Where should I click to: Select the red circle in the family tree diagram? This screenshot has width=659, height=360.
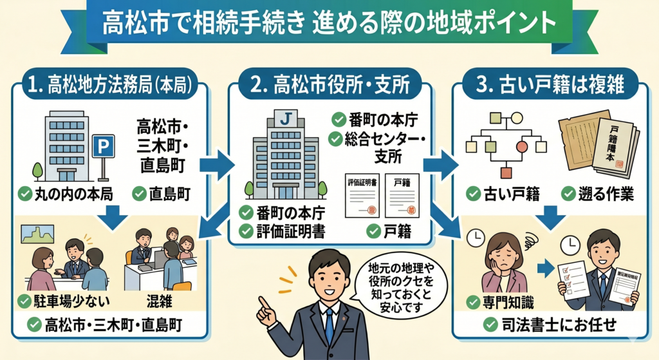[x=522, y=147]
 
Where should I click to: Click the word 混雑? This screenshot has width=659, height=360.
[x=161, y=300]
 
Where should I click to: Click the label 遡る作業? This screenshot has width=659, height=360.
[x=597, y=193]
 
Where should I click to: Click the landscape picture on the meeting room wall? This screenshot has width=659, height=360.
[x=38, y=233]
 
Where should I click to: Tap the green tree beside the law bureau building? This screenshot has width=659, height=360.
[x=37, y=171]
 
